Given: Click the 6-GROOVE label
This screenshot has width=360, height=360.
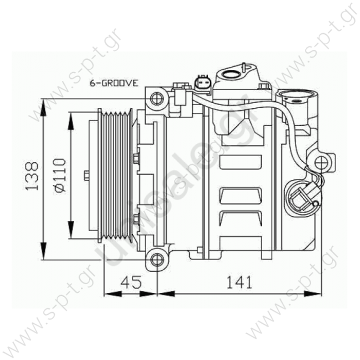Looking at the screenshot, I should [114, 84].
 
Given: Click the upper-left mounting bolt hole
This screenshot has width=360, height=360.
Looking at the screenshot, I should [156, 97].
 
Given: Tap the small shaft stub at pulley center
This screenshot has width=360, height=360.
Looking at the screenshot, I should [87, 175].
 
